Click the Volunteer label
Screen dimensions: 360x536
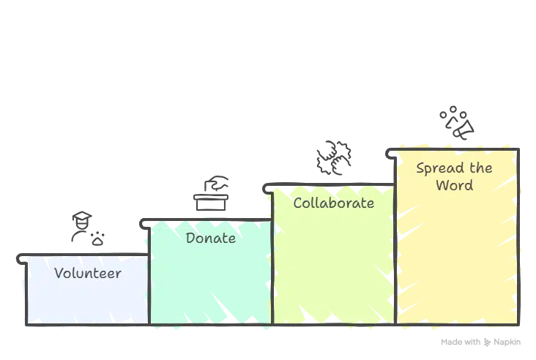point(88,274)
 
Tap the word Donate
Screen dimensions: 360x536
point(211,239)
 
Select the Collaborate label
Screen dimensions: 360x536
point(333,203)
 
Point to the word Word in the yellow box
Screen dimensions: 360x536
point(455,185)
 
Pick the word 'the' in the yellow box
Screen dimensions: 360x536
point(481,168)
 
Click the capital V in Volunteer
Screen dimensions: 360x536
point(59,274)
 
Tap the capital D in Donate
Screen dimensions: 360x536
point(190,239)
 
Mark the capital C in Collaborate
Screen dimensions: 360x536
point(297,203)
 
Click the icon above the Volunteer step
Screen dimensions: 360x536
point(87,228)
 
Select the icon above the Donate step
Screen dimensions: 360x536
point(211,193)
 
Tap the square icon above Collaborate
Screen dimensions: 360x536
point(333,158)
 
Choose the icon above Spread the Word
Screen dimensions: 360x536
point(457,122)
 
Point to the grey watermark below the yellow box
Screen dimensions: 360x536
point(480,340)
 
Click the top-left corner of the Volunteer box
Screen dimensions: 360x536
point(26,256)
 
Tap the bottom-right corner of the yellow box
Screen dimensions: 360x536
point(518,323)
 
